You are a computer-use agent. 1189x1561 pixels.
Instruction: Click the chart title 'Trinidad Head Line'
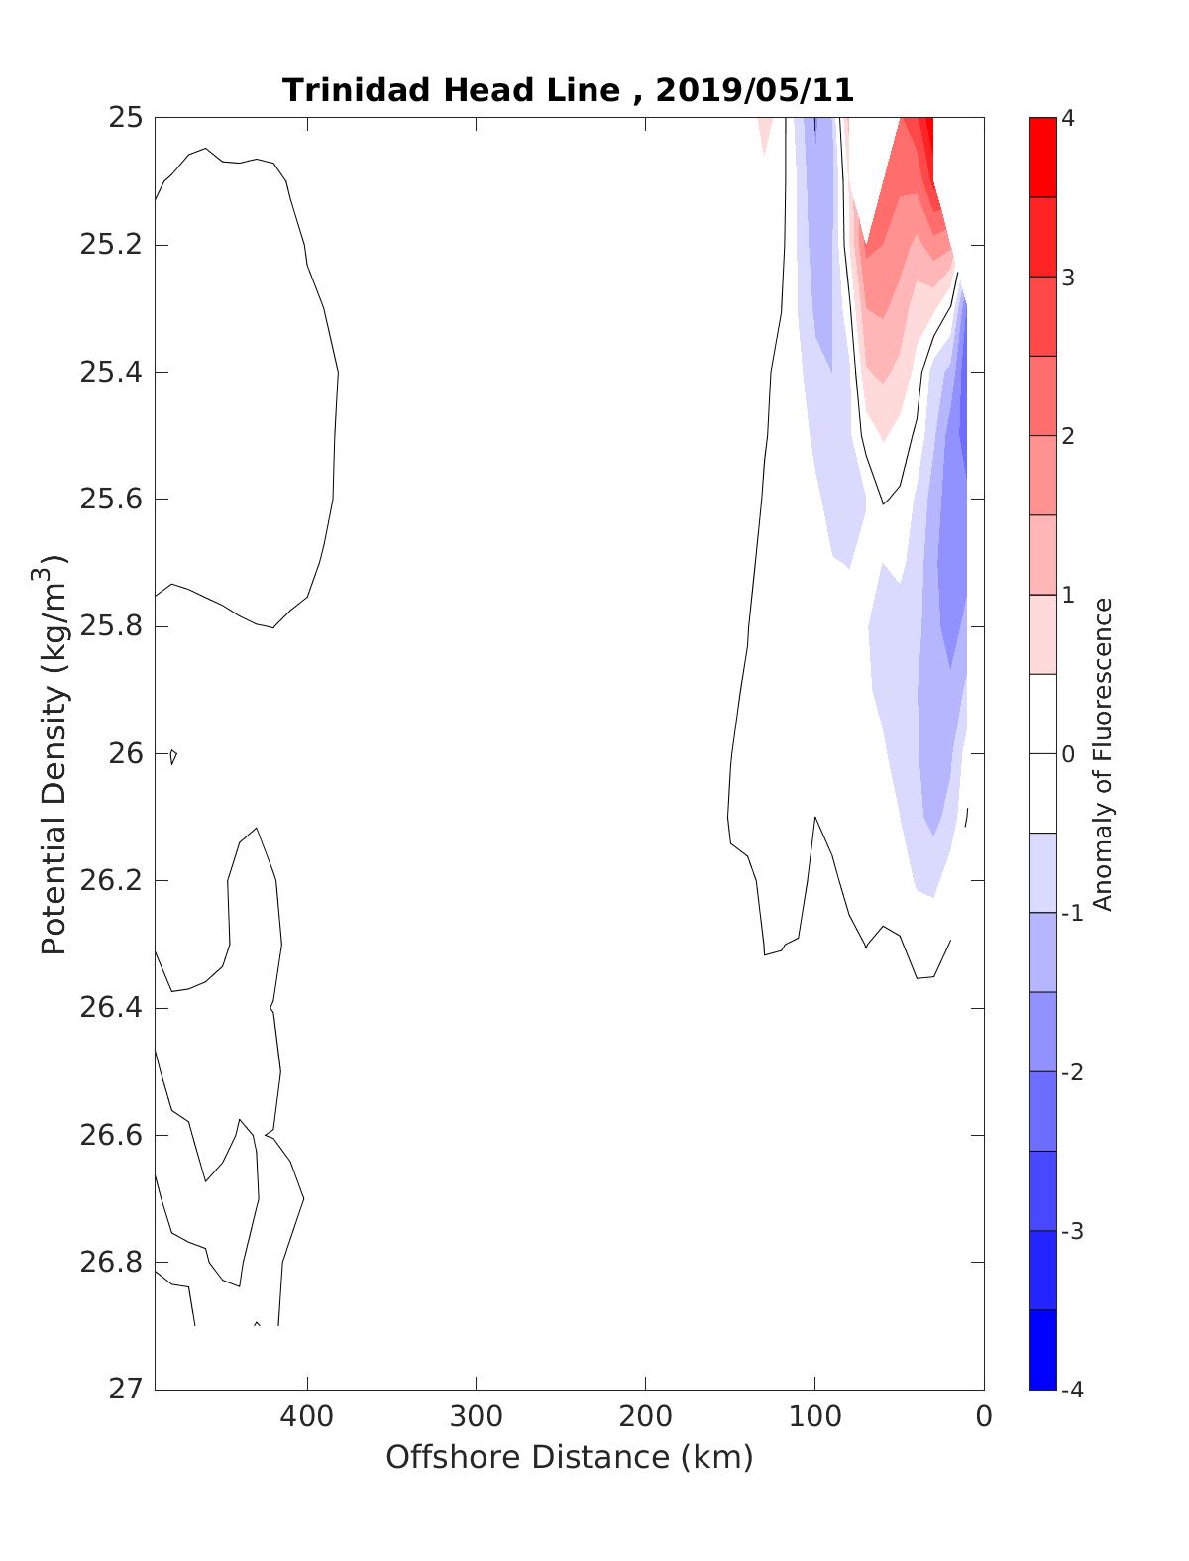(x=452, y=90)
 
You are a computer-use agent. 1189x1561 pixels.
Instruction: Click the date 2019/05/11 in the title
(x=754, y=90)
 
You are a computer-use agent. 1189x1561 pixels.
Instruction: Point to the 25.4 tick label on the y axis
(x=110, y=373)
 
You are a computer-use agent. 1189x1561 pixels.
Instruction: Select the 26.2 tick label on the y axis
(x=110, y=881)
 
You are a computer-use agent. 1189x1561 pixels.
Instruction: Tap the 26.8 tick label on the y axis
(x=110, y=1263)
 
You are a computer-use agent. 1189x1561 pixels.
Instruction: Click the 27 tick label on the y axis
(x=126, y=1390)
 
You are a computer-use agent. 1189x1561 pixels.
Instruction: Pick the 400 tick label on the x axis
(x=306, y=1416)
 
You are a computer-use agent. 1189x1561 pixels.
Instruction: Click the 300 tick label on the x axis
(x=476, y=1416)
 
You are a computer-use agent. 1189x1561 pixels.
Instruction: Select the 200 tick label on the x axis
(x=645, y=1416)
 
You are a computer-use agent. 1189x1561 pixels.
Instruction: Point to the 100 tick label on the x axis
(x=814, y=1416)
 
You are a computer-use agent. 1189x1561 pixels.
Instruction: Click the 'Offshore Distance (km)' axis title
(x=569, y=1457)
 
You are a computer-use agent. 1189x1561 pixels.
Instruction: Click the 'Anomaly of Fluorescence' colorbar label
(x=1103, y=753)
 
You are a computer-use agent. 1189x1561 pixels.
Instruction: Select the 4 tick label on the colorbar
(x=1068, y=118)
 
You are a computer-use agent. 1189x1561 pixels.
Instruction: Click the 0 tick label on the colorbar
(x=1068, y=754)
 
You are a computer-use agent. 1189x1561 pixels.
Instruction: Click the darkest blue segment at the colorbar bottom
(x=1042, y=1350)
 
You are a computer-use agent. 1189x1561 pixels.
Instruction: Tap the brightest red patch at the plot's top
(x=926, y=139)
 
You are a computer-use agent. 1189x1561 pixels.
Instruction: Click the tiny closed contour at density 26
(x=173, y=756)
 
